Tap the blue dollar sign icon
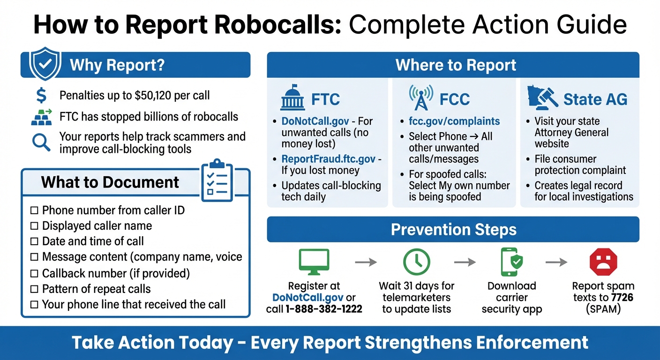41,96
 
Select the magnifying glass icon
41,142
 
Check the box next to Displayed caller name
34,226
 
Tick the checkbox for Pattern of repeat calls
34,289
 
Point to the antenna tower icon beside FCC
420,98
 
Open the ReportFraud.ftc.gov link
328,159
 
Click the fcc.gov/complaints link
454,121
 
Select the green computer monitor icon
314,261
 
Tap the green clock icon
416,262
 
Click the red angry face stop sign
603,262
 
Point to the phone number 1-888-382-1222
323,309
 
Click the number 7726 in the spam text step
622,297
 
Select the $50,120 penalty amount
153,96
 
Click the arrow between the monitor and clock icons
366,262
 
